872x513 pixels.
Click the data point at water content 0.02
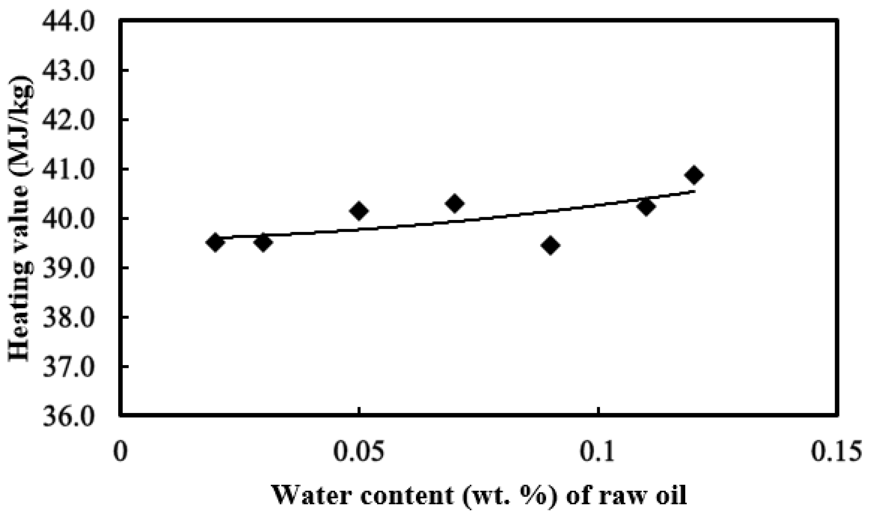(x=215, y=242)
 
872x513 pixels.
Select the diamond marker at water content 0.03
(x=263, y=243)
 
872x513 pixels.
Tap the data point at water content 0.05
(x=359, y=211)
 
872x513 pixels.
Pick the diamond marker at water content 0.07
(x=454, y=203)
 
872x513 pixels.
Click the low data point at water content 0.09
(x=550, y=246)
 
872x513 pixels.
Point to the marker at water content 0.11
(x=646, y=207)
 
